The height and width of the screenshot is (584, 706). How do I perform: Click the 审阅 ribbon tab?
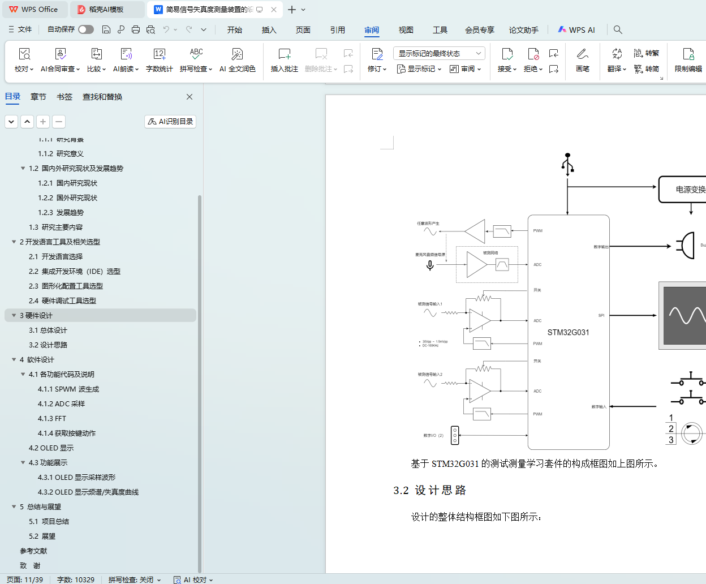372,30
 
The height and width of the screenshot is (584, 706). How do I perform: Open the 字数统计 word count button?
160,60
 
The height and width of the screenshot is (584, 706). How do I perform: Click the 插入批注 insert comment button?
284,60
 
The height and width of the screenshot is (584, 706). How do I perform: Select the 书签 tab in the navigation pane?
64,97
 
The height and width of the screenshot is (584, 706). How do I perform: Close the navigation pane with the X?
190,97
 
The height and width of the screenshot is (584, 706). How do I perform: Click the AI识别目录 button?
170,122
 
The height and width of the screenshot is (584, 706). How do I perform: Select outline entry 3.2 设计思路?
48,345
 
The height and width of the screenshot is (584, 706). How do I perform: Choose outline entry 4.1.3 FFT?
52,419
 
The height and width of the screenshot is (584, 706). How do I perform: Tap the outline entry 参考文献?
33,551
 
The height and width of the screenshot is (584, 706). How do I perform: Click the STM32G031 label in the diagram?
568,333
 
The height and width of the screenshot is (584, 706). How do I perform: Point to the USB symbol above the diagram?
568,164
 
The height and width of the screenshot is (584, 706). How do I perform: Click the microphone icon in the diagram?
430,265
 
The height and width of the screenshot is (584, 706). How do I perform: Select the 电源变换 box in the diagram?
685,190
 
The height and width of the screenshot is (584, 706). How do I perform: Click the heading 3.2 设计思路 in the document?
430,491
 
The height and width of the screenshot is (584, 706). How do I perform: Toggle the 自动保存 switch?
86,29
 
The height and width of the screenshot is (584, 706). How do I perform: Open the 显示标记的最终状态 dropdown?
439,54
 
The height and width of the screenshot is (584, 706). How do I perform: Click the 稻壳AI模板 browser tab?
106,10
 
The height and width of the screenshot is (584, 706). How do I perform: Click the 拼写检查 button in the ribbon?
196,60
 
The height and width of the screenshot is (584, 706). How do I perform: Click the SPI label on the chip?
601,316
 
